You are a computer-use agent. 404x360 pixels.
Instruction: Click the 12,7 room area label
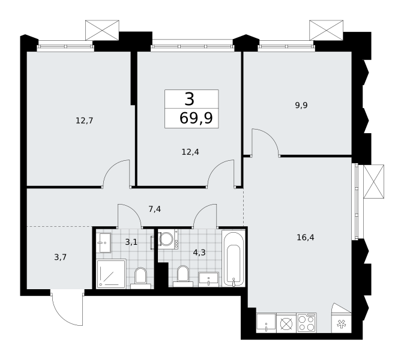(x=84, y=121)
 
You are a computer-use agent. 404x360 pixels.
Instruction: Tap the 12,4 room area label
(x=190, y=152)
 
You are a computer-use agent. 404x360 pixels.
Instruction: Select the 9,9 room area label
(x=301, y=105)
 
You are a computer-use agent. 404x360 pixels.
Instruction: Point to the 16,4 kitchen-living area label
(x=306, y=237)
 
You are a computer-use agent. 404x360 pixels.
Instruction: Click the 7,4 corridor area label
(x=155, y=209)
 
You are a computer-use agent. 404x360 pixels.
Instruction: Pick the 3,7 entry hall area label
(x=60, y=257)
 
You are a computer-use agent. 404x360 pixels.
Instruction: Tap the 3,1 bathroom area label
(x=131, y=242)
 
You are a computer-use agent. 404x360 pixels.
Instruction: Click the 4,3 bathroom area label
(x=199, y=253)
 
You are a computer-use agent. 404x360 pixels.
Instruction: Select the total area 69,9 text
(x=196, y=118)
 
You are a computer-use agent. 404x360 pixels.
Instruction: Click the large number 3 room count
(x=189, y=100)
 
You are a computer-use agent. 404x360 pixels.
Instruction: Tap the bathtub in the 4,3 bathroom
(x=234, y=258)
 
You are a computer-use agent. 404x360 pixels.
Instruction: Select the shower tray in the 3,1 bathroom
(x=111, y=274)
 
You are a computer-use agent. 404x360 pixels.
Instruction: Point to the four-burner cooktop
(x=307, y=323)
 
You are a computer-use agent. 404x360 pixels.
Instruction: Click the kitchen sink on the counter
(x=266, y=323)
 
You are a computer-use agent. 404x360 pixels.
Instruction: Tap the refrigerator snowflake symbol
(x=342, y=323)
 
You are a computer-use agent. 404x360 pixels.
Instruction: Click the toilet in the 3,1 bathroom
(x=140, y=278)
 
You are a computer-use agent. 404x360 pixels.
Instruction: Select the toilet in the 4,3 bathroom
(x=183, y=276)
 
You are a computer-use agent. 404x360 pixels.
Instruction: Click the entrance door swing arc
(x=64, y=313)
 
